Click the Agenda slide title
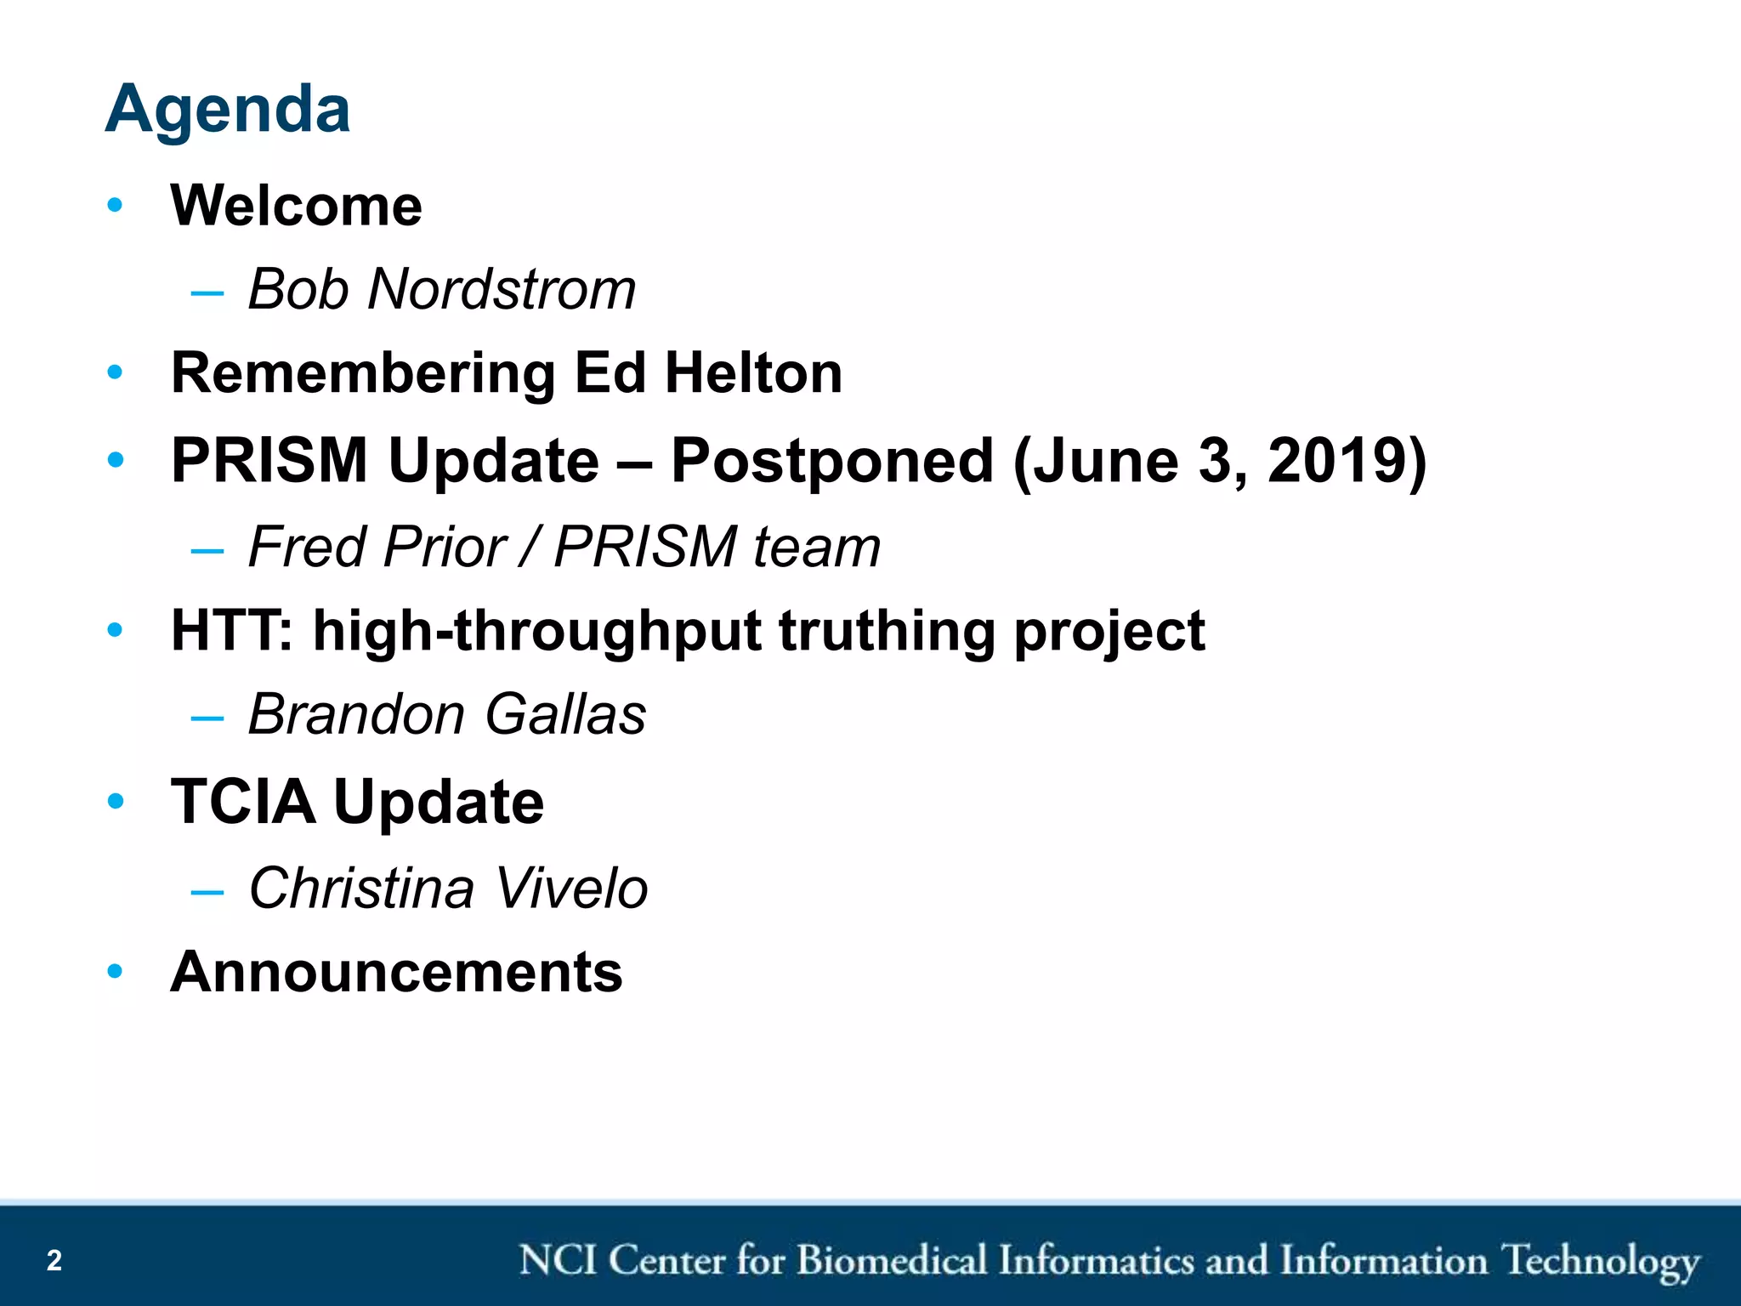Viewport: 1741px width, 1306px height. (228, 111)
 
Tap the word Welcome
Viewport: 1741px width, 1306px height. (296, 207)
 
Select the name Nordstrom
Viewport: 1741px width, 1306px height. (502, 290)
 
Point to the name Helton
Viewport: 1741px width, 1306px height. (753, 374)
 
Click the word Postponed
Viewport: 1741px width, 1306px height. (831, 462)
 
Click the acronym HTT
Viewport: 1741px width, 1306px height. (228, 632)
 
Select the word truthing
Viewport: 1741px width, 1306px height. (887, 632)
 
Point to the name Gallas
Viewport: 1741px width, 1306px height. (565, 715)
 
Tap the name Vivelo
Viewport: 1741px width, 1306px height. (571, 889)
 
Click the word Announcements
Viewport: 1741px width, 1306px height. (396, 972)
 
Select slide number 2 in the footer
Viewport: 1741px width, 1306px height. (54, 1260)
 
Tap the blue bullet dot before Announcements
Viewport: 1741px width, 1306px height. (116, 971)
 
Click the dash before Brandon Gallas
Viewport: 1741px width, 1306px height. (207, 718)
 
